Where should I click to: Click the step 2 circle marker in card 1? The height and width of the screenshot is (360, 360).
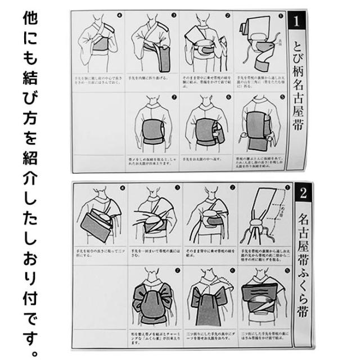(x=228, y=15)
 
